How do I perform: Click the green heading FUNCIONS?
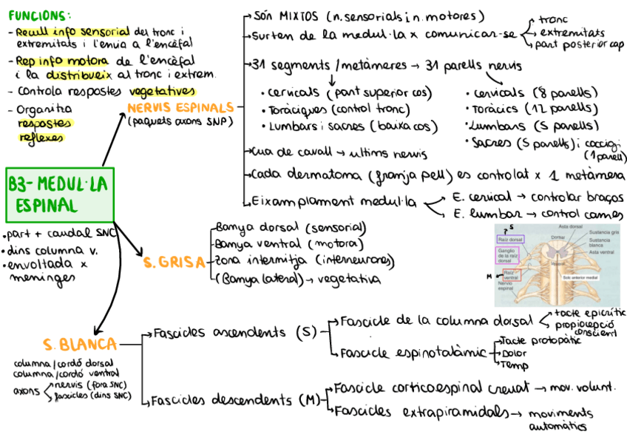click(x=40, y=15)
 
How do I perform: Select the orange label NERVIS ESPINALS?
click(x=181, y=108)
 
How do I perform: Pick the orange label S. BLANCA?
click(x=79, y=345)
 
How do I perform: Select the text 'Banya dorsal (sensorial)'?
click(x=290, y=227)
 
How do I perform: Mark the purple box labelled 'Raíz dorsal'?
click(x=509, y=240)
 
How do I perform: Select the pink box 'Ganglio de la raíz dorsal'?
click(x=506, y=255)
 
